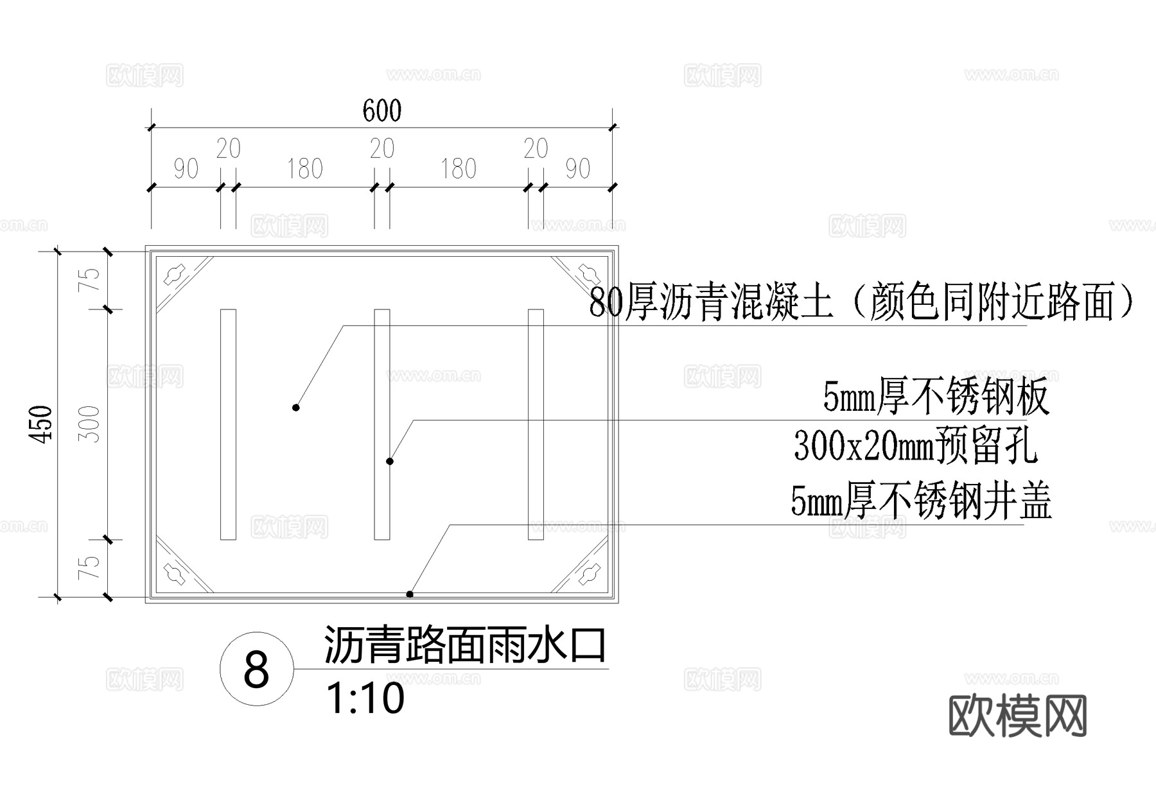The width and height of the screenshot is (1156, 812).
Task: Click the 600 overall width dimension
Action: (382, 111)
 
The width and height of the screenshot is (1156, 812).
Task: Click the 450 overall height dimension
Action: (42, 424)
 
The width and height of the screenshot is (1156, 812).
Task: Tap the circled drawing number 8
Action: (257, 669)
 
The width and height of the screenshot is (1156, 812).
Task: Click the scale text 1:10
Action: (365, 698)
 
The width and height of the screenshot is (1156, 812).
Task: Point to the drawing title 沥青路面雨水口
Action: (464, 644)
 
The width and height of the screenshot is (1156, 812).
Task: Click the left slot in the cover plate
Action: (228, 424)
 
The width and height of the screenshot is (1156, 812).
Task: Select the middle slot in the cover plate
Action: (382, 424)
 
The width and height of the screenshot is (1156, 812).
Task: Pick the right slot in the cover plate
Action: (536, 424)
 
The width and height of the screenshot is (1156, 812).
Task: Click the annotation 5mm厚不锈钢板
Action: (936, 397)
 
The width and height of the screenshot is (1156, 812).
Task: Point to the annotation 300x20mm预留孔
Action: (915, 445)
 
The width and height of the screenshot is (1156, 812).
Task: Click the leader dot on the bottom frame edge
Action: (410, 594)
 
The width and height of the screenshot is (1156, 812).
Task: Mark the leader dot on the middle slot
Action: (389, 461)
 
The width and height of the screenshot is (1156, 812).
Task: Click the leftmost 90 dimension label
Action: (186, 169)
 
